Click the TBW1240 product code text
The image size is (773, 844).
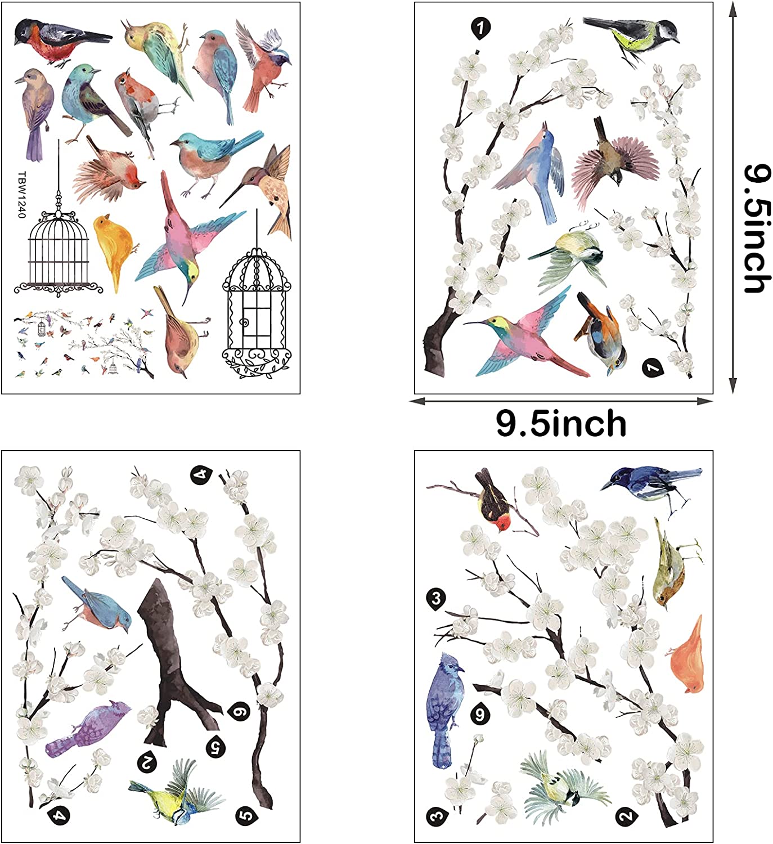[22, 194]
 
